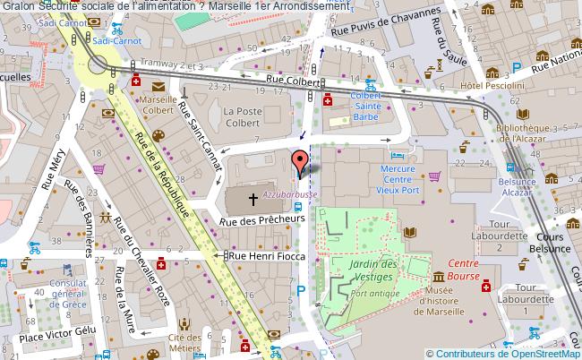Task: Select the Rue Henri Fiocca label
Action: click(x=268, y=257)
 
